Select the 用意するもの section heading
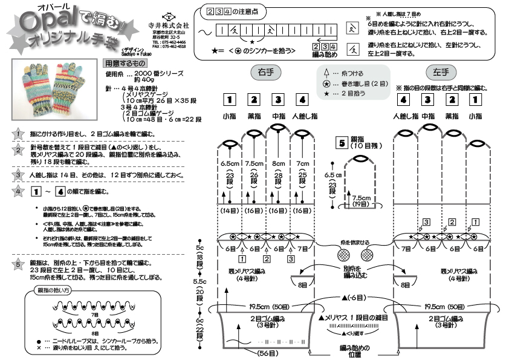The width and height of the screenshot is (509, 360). [x=125, y=62]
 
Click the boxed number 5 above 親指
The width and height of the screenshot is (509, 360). [x=342, y=143]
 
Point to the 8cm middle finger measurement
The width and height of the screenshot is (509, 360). [x=278, y=163]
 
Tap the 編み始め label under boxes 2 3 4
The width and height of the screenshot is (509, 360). [x=324, y=54]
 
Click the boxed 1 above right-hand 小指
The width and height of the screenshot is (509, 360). [x=229, y=99]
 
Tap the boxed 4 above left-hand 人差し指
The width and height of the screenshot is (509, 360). [x=404, y=99]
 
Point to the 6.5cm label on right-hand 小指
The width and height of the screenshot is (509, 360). [x=230, y=163]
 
